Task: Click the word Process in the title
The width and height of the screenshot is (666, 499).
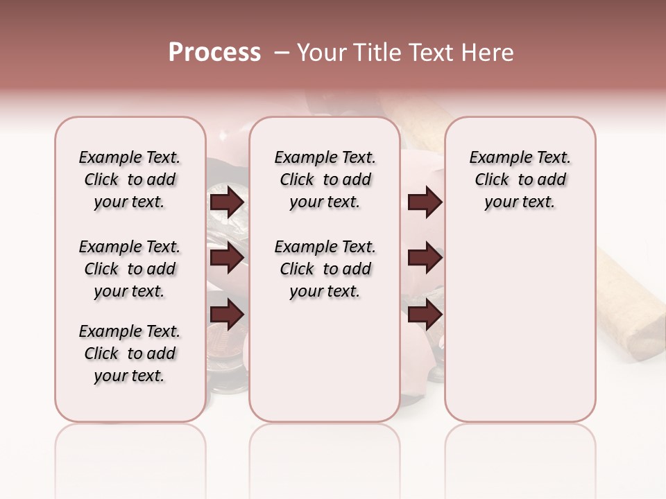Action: click(x=214, y=53)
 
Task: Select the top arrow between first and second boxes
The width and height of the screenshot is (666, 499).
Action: click(x=227, y=202)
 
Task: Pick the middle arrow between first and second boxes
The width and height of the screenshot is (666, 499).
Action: click(x=227, y=259)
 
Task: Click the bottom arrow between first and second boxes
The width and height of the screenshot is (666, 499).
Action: click(x=227, y=315)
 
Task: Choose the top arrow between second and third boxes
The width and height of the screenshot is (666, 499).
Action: click(x=425, y=202)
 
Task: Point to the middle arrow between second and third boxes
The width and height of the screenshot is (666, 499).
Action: click(x=425, y=258)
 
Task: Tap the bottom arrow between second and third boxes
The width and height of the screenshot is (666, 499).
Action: click(x=425, y=315)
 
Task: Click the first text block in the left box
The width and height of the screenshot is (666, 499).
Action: click(x=130, y=180)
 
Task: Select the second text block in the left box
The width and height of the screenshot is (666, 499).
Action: click(x=130, y=269)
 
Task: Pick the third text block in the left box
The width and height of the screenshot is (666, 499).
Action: click(x=130, y=353)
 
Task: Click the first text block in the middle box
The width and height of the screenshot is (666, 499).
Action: click(x=325, y=180)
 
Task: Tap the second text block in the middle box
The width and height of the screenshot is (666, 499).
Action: click(x=325, y=269)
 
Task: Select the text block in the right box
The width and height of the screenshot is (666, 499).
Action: click(x=520, y=180)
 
